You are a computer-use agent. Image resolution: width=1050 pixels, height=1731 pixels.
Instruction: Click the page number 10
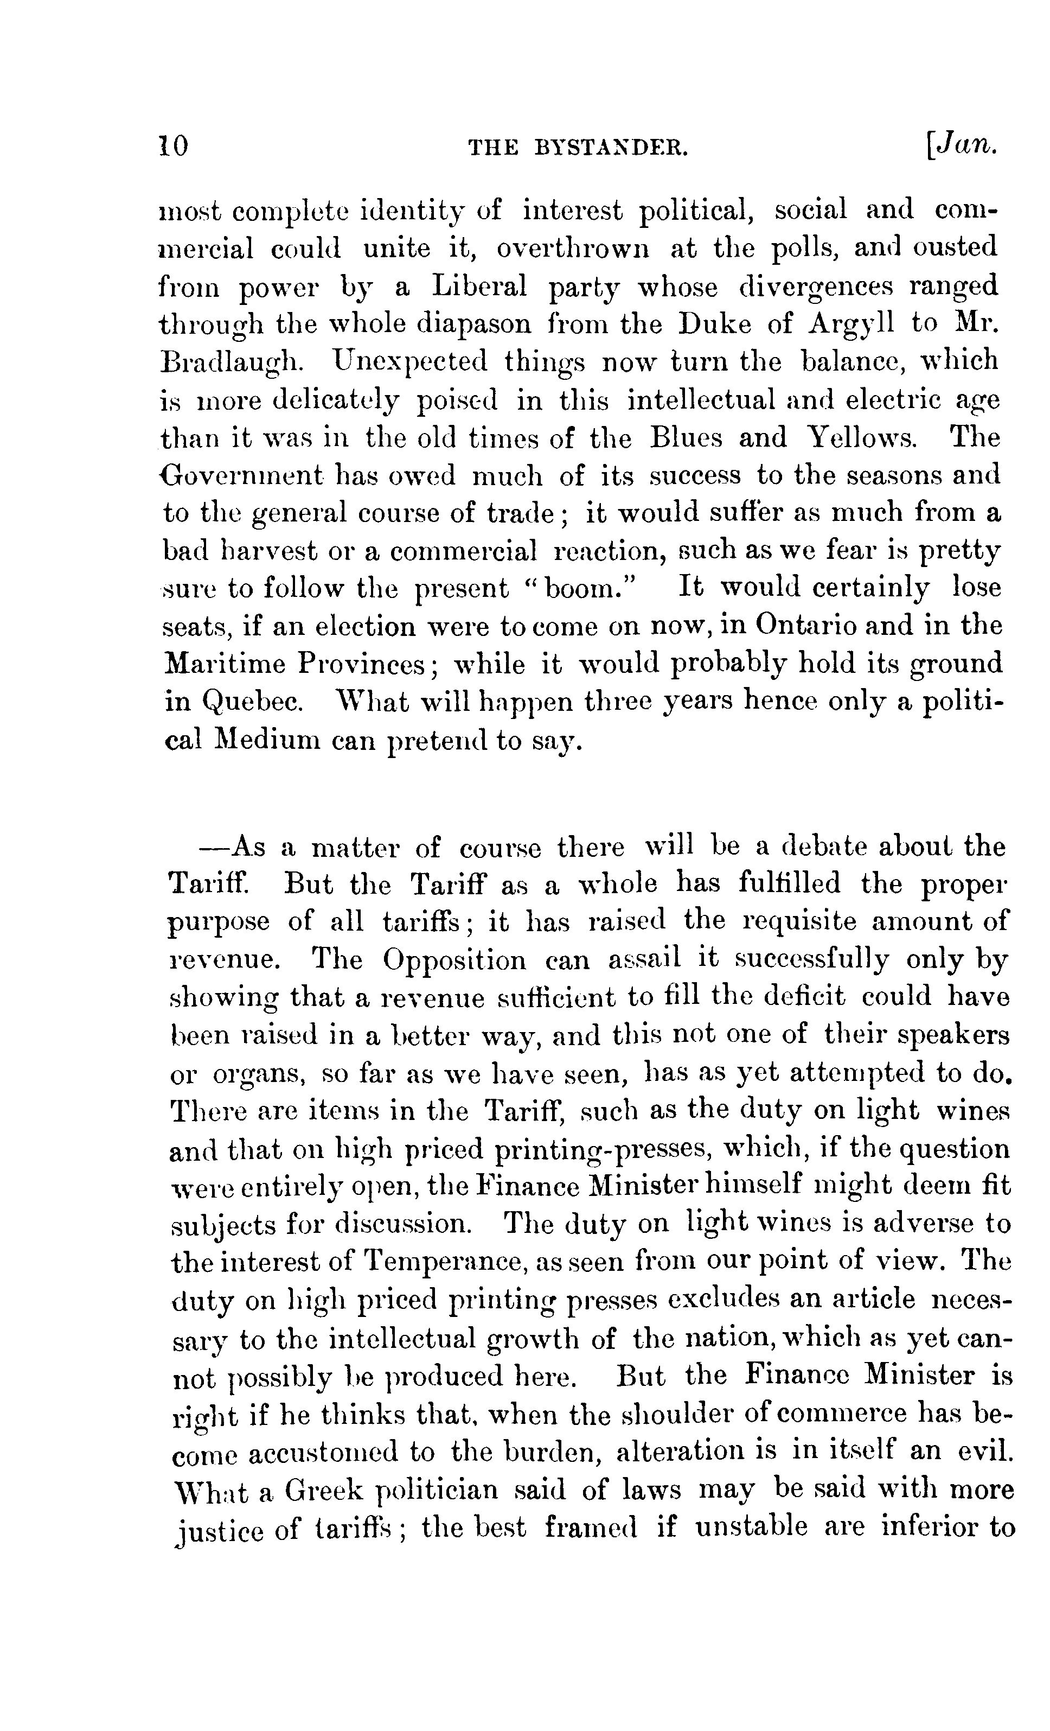tap(174, 146)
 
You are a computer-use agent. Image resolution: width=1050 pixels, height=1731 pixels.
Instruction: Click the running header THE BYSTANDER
tap(577, 148)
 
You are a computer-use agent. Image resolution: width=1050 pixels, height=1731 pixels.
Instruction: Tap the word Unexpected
tap(411, 361)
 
